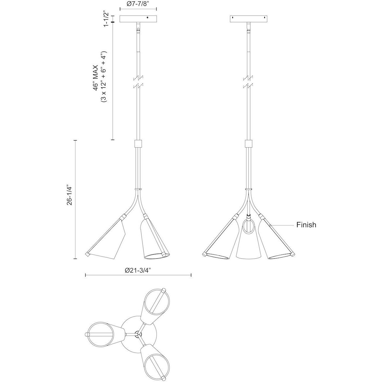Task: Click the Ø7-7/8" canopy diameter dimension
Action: point(138,4)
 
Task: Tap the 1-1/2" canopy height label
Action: point(106,19)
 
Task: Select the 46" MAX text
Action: point(97,78)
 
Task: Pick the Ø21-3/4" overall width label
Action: point(138,270)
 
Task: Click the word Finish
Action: point(306,225)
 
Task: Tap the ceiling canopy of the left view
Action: point(138,19)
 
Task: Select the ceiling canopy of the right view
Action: point(248,19)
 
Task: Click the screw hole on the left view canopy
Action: point(147,18)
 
